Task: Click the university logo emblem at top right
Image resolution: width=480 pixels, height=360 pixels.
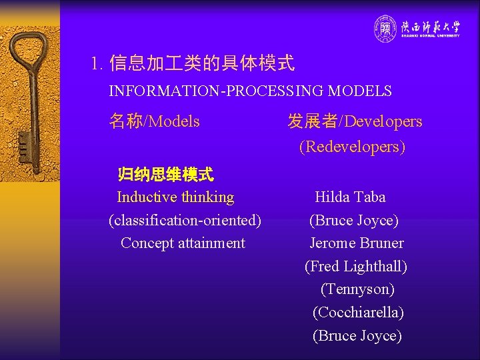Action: (x=385, y=29)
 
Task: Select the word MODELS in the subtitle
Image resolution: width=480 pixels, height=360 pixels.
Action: (x=361, y=91)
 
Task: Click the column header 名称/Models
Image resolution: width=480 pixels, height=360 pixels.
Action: (x=154, y=121)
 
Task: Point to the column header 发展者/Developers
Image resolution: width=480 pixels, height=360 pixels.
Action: (x=355, y=121)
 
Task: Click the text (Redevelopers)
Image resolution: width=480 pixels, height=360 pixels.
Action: (x=352, y=147)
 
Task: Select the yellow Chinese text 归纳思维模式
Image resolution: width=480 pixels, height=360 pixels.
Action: (x=165, y=175)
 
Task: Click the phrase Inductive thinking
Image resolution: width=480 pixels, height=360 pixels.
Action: (x=175, y=197)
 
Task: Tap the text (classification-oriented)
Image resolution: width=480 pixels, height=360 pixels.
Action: (x=185, y=220)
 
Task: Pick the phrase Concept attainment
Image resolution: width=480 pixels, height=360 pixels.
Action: (x=183, y=243)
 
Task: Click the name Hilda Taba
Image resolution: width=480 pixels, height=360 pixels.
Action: (x=350, y=197)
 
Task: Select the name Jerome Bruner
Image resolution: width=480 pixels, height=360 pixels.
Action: (x=357, y=243)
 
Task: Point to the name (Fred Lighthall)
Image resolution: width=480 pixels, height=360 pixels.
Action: (x=356, y=267)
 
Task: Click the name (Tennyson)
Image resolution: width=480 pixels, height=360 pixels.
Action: (x=357, y=289)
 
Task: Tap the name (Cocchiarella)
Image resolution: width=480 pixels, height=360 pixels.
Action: (x=358, y=313)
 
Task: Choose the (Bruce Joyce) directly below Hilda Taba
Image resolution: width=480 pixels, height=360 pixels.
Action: (x=354, y=220)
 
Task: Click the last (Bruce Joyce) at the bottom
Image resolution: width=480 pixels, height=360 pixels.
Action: (x=357, y=336)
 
